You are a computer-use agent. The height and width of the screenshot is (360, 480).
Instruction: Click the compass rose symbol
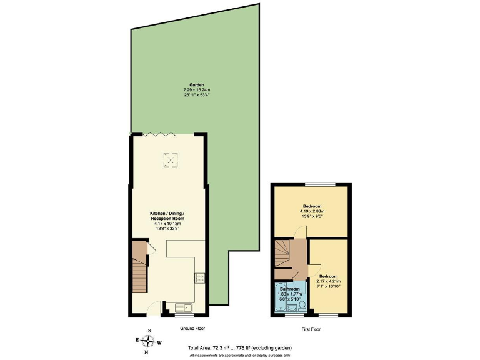click(x=148, y=341)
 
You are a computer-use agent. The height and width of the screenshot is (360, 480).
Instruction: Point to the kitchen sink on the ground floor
click(x=184, y=307)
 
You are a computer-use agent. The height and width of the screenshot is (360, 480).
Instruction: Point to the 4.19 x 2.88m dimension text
click(x=312, y=211)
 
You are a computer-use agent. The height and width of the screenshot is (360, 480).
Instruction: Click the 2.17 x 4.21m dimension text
click(x=328, y=281)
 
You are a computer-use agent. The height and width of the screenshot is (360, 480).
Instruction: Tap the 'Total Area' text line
click(x=239, y=347)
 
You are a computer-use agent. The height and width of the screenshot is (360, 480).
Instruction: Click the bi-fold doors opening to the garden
click(x=157, y=134)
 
